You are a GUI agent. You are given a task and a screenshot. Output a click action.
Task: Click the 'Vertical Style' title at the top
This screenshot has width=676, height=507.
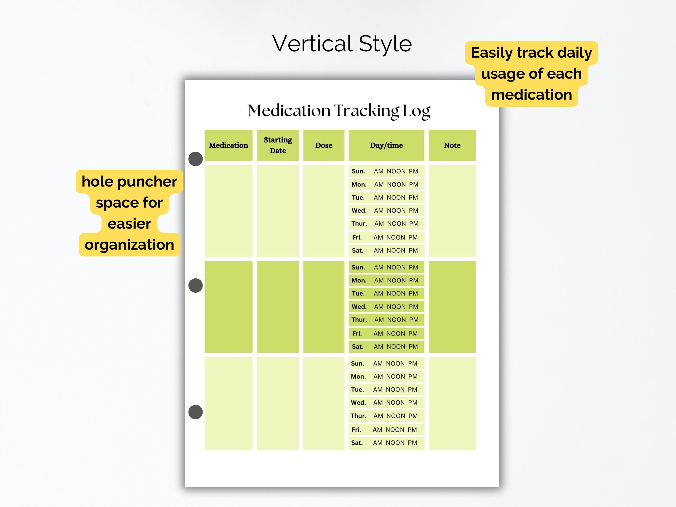342,43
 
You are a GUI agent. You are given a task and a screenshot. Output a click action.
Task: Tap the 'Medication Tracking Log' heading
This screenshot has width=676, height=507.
339,111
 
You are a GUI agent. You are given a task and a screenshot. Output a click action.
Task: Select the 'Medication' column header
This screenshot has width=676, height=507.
228,145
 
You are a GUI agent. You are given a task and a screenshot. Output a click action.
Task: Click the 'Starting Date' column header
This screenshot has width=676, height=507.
278,145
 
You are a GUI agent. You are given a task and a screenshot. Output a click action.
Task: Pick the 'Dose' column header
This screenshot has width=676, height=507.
324,145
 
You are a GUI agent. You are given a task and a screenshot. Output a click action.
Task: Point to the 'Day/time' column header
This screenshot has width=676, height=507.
386,145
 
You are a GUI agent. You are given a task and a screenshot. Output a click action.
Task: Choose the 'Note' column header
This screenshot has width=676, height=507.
452,145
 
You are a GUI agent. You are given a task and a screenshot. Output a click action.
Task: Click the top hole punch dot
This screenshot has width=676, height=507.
196,159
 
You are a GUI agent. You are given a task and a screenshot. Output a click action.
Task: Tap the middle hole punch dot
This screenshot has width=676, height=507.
196,285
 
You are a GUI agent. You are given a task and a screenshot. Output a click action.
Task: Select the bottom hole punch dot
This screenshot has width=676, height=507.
196,412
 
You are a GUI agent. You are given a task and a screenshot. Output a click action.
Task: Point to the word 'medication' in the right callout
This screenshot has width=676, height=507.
532,95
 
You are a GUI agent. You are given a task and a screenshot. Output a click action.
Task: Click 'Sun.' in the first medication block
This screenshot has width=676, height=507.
358,171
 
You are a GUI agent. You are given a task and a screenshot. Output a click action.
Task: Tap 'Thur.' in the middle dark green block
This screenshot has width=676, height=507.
359,320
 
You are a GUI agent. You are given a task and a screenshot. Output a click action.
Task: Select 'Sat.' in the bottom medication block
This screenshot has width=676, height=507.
357,442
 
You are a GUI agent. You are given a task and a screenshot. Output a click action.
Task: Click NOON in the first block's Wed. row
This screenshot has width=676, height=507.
396,211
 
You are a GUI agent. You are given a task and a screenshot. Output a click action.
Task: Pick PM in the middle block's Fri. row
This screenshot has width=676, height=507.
413,333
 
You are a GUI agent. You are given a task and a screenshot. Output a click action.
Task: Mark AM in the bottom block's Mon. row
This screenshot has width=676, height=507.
378,377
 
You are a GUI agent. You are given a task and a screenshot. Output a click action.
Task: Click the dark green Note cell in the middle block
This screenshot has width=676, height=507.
452,307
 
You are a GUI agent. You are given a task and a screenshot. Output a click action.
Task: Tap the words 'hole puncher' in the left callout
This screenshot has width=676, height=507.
129,182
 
